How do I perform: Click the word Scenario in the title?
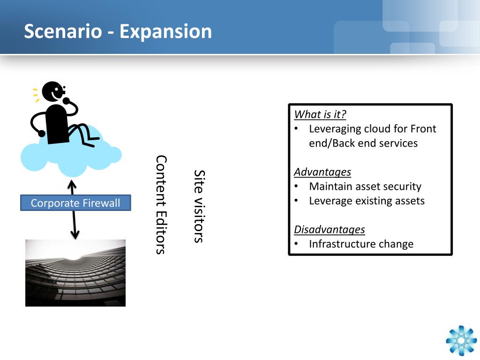click(x=63, y=31)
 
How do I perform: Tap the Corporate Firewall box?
click(x=75, y=202)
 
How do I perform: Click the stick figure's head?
click(x=53, y=91)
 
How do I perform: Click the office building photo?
click(x=75, y=273)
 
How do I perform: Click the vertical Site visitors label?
click(x=199, y=206)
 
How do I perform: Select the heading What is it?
click(x=320, y=114)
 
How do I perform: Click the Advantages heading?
click(x=322, y=172)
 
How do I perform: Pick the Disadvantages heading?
click(x=330, y=230)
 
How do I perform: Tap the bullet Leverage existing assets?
click(x=367, y=201)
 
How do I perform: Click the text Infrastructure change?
click(x=361, y=244)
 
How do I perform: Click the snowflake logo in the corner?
click(x=461, y=341)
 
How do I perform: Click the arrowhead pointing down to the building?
click(x=75, y=235)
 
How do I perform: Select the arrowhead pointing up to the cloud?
click(x=72, y=184)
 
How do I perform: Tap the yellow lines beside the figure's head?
click(x=36, y=95)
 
